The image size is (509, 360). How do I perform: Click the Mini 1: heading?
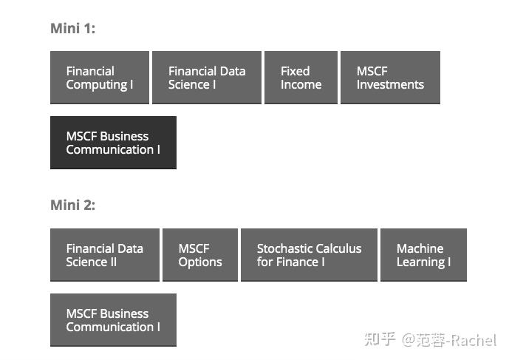tap(72, 29)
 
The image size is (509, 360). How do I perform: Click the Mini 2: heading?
tap(72, 205)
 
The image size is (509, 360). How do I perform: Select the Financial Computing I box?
tap(100, 78)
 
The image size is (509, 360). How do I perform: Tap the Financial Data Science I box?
tap(207, 78)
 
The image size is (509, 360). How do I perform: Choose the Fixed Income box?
tap(301, 78)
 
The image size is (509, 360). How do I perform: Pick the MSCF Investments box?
tap(390, 78)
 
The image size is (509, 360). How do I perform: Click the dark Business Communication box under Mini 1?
tap(113, 143)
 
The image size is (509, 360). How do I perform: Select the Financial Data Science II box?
tap(105, 255)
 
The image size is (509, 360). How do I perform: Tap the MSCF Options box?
tap(200, 255)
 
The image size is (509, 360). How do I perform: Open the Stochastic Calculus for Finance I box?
tap(309, 255)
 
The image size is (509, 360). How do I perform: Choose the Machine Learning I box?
tap(423, 255)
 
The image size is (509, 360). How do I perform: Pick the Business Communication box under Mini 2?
tap(113, 320)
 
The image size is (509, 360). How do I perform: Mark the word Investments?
tap(390, 85)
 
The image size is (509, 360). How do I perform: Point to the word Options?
tap(200, 262)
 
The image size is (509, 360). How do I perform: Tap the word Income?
tap(301, 85)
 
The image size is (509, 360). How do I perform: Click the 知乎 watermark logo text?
tap(381, 340)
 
